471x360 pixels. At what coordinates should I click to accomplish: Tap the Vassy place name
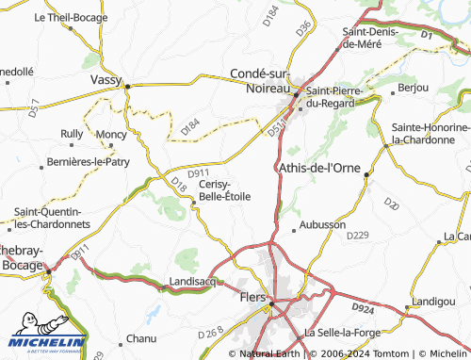106,80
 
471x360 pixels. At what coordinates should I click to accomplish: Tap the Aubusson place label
323,226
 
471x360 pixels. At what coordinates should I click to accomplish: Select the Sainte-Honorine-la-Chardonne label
430,133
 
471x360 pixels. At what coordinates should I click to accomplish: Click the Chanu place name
140,337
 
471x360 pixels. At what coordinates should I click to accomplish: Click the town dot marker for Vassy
128,86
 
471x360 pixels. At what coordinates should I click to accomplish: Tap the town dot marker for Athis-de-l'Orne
367,172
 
